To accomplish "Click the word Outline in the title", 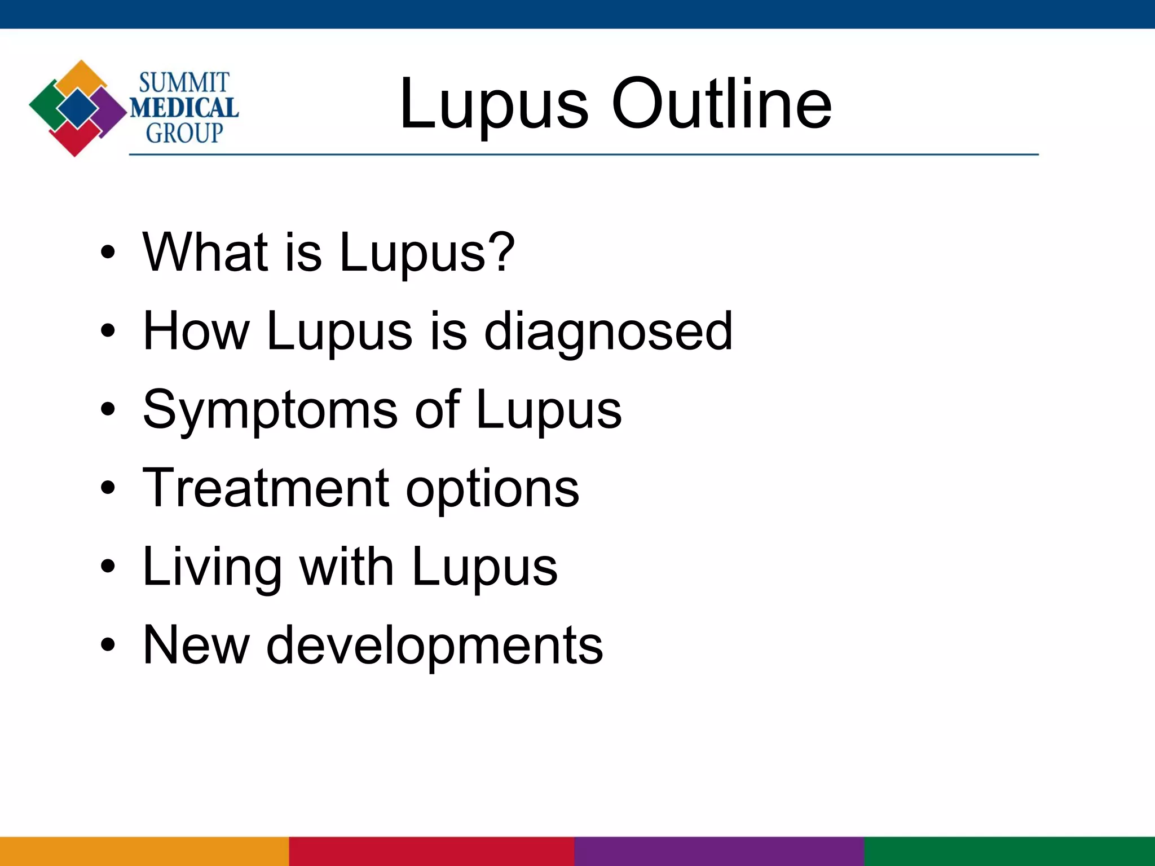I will [x=721, y=104].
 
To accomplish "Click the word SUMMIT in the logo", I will [x=184, y=83].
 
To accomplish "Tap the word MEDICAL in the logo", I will [x=184, y=108].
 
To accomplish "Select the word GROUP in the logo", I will [x=184, y=133].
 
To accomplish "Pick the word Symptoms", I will [x=270, y=410].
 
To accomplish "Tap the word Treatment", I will [x=266, y=488].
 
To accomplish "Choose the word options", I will [x=492, y=489].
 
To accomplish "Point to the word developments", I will [x=434, y=645].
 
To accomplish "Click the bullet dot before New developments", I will [x=108, y=645].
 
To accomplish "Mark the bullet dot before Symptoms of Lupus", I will [x=108, y=410].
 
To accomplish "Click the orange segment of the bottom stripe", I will [x=144, y=851].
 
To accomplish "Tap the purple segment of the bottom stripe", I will [x=719, y=851].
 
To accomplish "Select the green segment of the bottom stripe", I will [x=1009, y=851].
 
